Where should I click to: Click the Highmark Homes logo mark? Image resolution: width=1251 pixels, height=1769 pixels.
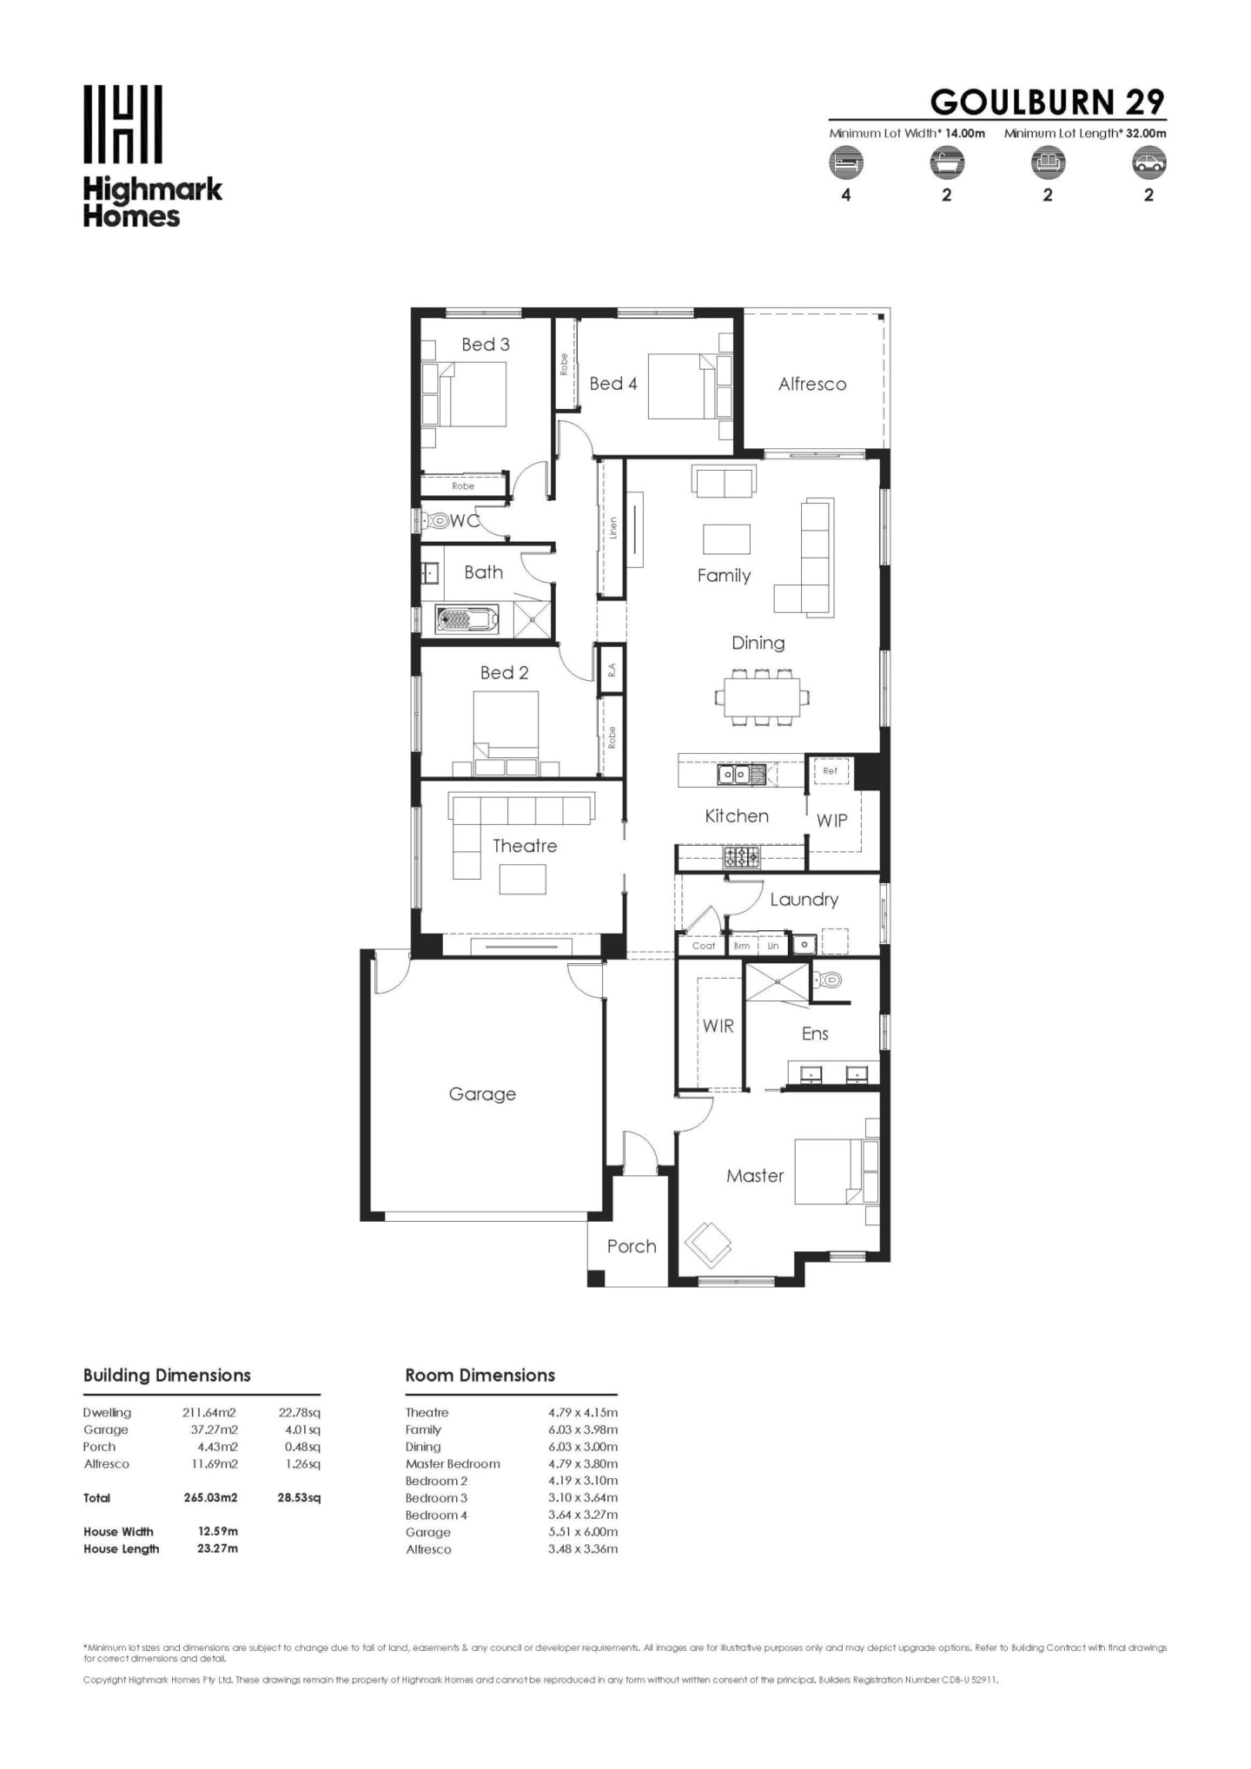[x=122, y=123]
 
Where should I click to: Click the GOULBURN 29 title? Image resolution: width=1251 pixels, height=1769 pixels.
[x=1046, y=102]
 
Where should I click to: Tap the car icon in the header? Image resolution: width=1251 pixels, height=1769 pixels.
[x=1148, y=162]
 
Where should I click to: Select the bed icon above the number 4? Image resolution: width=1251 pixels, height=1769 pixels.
[x=845, y=162]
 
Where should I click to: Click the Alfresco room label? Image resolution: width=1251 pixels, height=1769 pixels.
[x=811, y=384]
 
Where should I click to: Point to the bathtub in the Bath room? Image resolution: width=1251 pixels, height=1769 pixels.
[x=467, y=620]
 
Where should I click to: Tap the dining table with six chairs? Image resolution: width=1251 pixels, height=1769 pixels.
[x=762, y=696]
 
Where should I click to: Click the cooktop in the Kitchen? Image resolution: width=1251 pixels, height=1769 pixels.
[x=741, y=858]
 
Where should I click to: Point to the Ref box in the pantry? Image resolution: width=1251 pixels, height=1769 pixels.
[x=830, y=770]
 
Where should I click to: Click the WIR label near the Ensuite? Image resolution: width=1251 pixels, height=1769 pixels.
[x=718, y=1026]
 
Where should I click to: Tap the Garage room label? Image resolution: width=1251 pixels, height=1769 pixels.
[x=482, y=1094]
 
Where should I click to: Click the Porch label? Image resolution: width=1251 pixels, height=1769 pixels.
[x=632, y=1246]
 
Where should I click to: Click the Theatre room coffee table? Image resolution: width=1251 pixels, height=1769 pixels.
[x=522, y=880]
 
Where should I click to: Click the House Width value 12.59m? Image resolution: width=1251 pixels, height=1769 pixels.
[x=217, y=1531]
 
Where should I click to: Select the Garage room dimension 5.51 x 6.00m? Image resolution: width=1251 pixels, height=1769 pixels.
[x=583, y=1532]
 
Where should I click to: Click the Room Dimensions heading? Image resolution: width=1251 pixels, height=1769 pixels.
[x=480, y=1375]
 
